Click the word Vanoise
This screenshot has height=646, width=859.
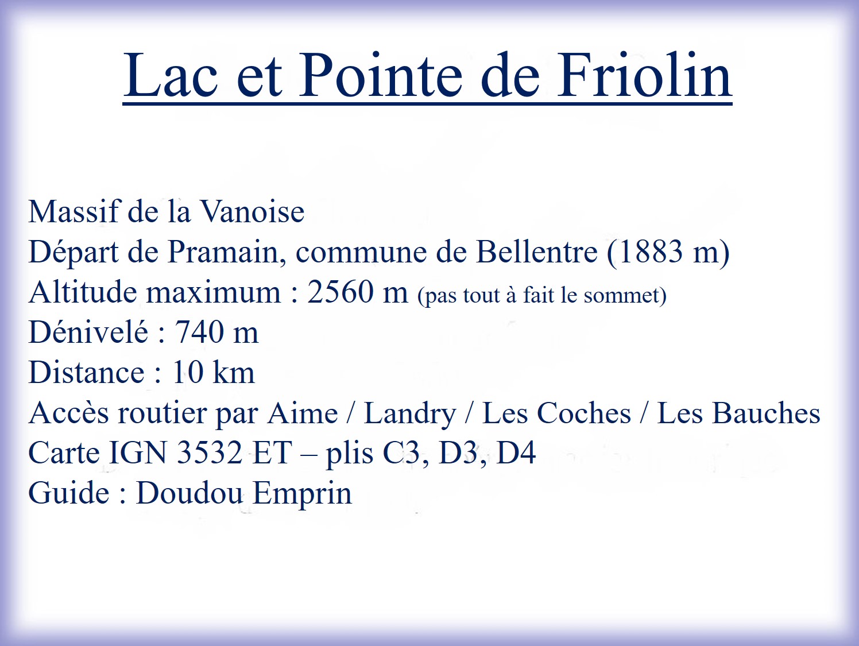point(253,212)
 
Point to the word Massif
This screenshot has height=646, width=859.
point(73,212)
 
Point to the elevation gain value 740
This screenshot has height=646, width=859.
point(200,332)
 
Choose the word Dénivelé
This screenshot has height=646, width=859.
point(88,332)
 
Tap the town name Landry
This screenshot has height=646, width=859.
point(410,413)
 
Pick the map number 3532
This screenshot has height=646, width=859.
point(210,452)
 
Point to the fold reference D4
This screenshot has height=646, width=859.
point(516,452)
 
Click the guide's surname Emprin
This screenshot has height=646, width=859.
point(302,493)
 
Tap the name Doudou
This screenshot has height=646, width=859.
point(189,493)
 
